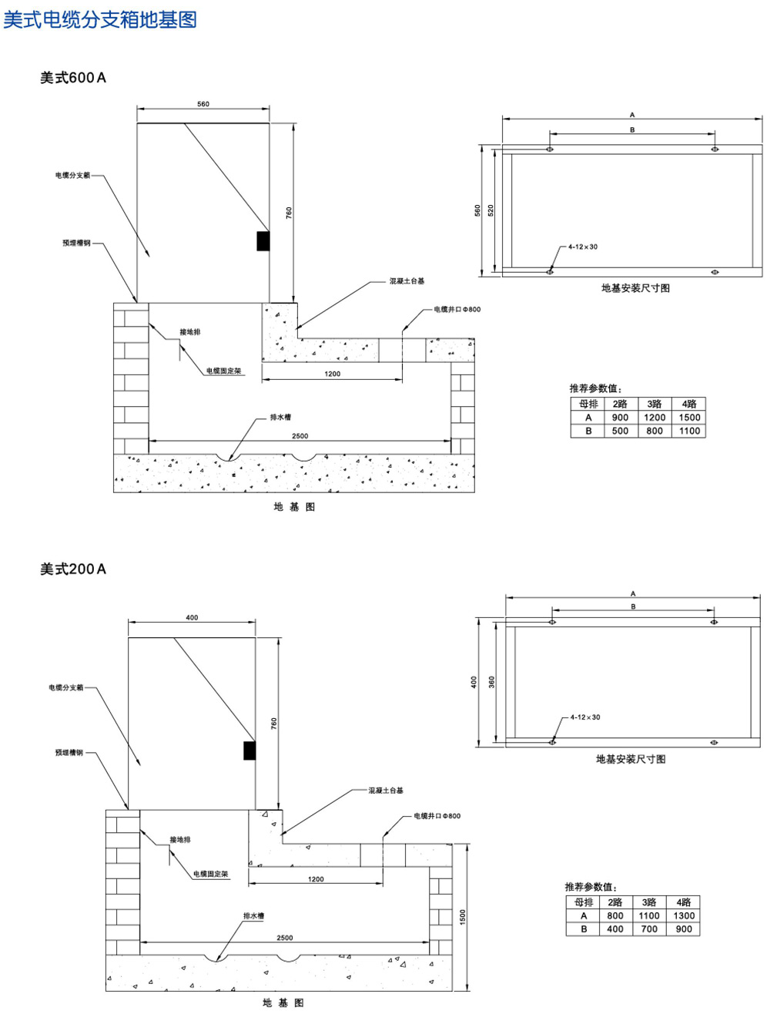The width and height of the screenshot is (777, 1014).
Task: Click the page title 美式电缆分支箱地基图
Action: click(x=100, y=18)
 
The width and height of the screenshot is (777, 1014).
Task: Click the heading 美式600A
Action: click(x=73, y=77)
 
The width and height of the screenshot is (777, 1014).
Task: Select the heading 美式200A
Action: click(x=73, y=569)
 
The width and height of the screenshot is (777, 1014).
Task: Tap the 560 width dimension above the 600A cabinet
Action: click(x=203, y=104)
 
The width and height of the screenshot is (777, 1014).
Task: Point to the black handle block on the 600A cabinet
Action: click(x=263, y=240)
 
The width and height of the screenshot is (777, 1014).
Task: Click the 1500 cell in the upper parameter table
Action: click(x=689, y=418)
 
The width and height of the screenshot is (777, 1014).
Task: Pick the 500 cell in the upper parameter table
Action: click(x=620, y=431)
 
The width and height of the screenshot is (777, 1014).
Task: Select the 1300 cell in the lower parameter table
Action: click(x=684, y=916)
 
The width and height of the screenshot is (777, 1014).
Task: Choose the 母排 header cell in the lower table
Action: click(x=584, y=902)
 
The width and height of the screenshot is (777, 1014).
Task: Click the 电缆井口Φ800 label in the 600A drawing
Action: click(x=457, y=310)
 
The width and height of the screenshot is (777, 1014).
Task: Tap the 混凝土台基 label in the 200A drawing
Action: click(x=385, y=791)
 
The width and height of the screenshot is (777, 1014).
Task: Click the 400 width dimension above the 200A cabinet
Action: click(x=192, y=618)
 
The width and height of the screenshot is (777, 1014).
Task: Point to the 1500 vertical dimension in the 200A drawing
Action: click(x=463, y=917)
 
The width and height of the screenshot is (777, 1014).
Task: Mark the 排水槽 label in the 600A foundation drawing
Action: click(x=280, y=418)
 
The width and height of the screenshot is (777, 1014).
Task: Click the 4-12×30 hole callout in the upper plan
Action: click(x=583, y=247)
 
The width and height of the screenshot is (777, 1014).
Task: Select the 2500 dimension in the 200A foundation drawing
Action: click(x=285, y=938)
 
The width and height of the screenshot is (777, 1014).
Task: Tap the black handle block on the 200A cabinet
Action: click(x=250, y=750)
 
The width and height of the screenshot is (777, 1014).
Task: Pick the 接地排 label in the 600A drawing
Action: click(x=190, y=332)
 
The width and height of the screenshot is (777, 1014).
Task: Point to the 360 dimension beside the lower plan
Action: click(x=492, y=682)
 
